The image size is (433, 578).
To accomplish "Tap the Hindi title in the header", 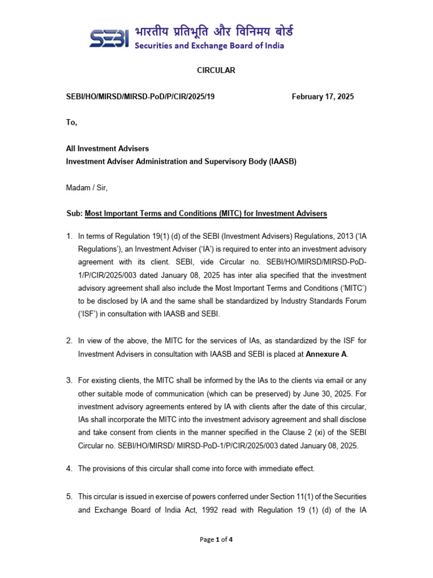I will pos(214,31).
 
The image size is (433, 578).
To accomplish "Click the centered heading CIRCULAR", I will pos(216,71).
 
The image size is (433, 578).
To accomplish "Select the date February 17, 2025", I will pos(322,97).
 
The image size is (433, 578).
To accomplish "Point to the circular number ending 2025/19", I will pos(140,97).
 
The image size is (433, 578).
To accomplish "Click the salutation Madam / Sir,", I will pos(86,188).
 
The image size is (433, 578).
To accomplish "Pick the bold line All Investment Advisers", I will pos(108,148).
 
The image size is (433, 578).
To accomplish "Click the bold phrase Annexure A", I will pos(326,354).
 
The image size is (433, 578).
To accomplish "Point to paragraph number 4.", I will pos(69,468).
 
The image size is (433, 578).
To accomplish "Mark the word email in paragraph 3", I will pos(317,380).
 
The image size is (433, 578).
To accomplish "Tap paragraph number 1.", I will pos(69,237).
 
